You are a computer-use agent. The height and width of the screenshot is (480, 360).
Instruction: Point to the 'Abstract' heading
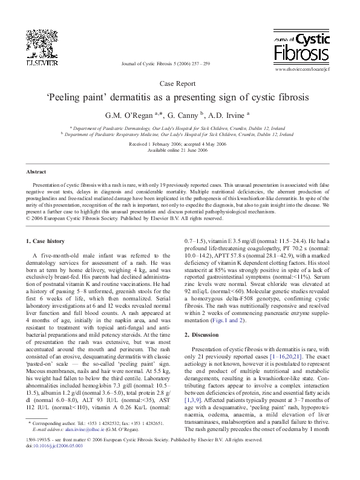38,172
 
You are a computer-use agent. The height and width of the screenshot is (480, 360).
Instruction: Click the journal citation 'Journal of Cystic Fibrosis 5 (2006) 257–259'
165,63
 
